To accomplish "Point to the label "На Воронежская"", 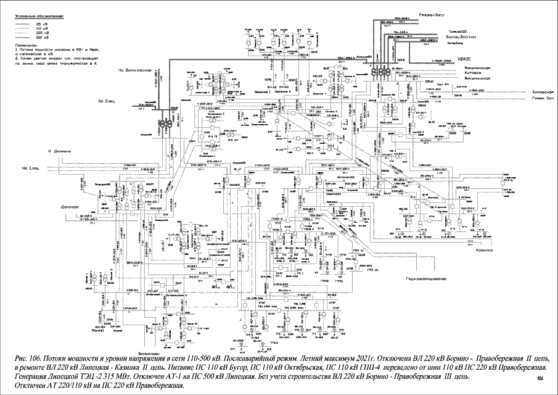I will (135, 70).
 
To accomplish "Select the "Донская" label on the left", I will (71, 207).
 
